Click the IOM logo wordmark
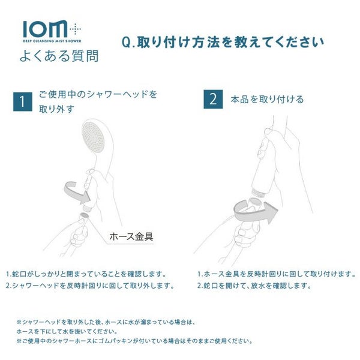(x=45, y=29)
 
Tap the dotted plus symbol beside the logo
(x=76, y=29)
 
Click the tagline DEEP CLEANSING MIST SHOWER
(x=52, y=41)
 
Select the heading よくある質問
(x=59, y=56)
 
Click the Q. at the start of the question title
(x=128, y=42)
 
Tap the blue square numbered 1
(x=23, y=102)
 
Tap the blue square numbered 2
(x=213, y=99)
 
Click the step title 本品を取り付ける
(x=267, y=100)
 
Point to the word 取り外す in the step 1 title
(x=56, y=109)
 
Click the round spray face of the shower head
(x=93, y=137)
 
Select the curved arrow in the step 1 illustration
(x=76, y=193)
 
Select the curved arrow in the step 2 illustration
(x=256, y=211)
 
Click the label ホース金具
(x=131, y=236)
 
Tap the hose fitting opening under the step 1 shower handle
(x=83, y=215)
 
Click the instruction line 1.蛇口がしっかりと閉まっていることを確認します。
(x=86, y=274)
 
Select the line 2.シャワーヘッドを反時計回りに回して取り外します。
(x=90, y=286)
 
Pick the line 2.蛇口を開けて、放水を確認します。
(x=254, y=286)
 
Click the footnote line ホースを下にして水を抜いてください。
(x=67, y=332)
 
